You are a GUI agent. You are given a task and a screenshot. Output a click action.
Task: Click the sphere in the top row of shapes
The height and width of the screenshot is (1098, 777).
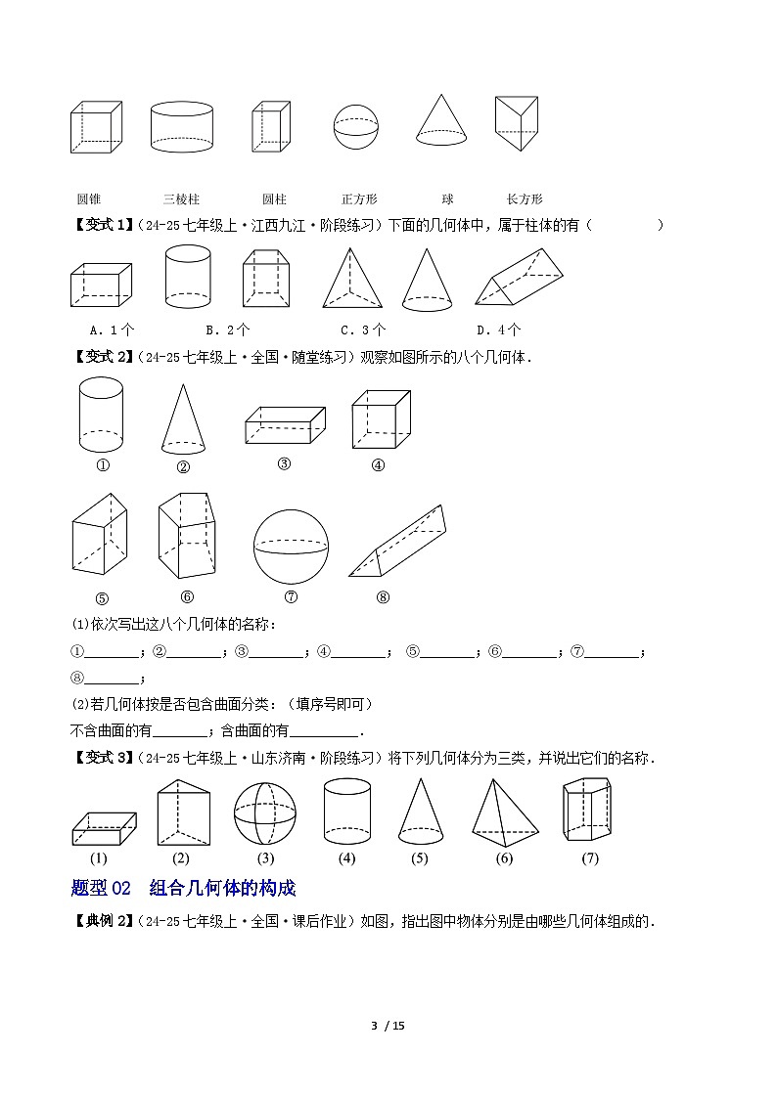pyautogui.click(x=355, y=127)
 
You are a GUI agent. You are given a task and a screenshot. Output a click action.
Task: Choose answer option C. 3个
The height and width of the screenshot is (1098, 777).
pyautogui.click(x=362, y=329)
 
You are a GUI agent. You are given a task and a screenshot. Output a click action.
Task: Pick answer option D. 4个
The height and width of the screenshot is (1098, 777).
pyautogui.click(x=498, y=329)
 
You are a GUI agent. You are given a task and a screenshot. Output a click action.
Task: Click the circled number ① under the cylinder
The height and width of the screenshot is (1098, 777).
pyautogui.click(x=102, y=464)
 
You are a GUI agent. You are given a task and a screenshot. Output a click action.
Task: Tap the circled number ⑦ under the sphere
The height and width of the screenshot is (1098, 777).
pyautogui.click(x=291, y=597)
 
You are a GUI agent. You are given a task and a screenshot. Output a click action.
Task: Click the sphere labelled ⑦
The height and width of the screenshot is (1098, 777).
pyautogui.click(x=291, y=546)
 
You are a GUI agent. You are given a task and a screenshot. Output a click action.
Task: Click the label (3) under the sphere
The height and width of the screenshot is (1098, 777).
pyautogui.click(x=265, y=858)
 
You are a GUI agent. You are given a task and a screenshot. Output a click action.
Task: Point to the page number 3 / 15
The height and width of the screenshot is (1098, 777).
pyautogui.click(x=388, y=1026)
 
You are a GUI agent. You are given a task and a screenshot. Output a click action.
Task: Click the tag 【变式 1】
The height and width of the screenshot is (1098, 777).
pyautogui.click(x=102, y=225)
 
